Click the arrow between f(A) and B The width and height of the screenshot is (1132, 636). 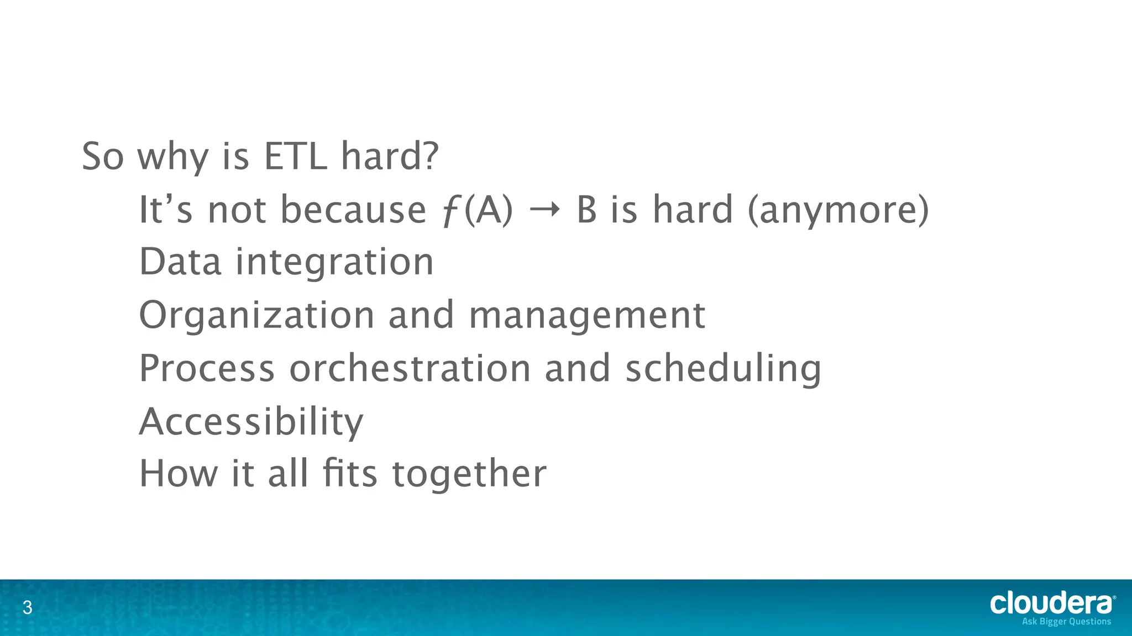pos(544,210)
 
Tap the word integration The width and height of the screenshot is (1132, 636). pos(335,263)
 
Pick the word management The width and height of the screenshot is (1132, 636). pos(586,316)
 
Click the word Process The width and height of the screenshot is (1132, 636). pos(207,368)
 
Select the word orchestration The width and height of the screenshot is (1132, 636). pos(410,368)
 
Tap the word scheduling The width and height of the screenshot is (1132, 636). pos(723,369)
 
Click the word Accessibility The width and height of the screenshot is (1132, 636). pos(251,422)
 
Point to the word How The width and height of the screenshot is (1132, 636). pos(179,474)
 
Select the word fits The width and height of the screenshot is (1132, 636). pos(350,474)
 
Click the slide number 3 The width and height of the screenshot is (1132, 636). pos(27,608)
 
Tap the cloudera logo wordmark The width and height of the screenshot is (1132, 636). pos(1051,603)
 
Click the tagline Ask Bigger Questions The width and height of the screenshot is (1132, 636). pos(1066,622)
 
